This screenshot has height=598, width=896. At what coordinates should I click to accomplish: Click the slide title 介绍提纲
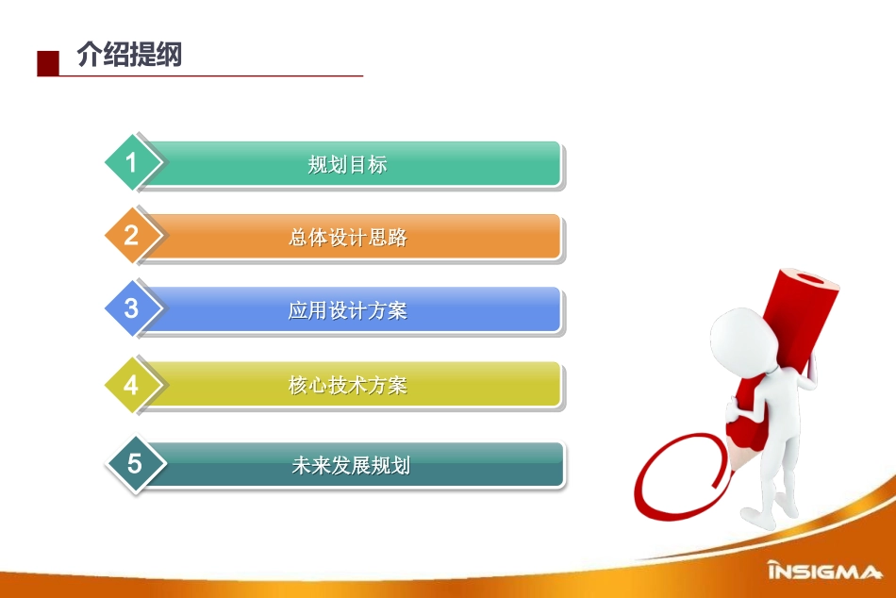[129, 57]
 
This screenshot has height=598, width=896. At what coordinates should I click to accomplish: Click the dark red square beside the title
[48, 63]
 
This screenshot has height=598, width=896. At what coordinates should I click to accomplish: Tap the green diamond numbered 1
[132, 163]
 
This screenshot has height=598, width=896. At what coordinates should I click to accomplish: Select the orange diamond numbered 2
[132, 236]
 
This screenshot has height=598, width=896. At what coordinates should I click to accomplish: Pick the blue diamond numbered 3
[132, 308]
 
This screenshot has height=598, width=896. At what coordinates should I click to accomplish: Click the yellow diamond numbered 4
[132, 385]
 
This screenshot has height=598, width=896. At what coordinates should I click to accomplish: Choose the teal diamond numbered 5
[134, 463]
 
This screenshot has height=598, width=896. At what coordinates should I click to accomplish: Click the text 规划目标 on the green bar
[347, 164]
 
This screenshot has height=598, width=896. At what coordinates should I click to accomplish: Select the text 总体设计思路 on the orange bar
[347, 238]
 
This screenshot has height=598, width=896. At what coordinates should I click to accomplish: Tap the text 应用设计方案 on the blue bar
[347, 310]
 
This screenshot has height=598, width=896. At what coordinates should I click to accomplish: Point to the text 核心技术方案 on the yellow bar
[347, 385]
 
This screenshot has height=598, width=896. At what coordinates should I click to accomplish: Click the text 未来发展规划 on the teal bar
[350, 465]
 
